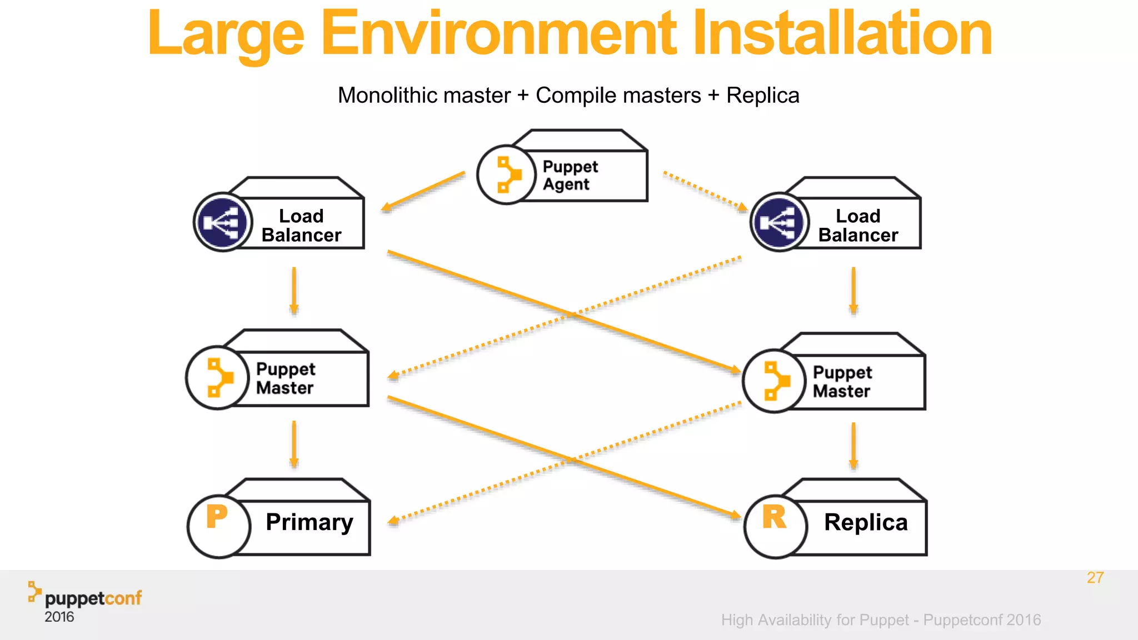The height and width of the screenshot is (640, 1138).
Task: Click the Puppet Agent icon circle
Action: point(506,175)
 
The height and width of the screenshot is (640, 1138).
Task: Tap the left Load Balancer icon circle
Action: point(223,222)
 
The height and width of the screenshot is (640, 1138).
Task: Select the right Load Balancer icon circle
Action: point(780,222)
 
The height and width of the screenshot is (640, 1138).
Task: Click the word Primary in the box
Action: point(309,522)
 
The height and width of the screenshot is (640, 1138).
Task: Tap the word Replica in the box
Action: point(866,522)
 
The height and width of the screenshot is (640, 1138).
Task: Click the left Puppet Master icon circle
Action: point(217,378)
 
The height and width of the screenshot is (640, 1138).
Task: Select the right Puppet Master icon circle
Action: point(774,381)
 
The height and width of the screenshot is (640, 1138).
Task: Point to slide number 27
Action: point(1095,578)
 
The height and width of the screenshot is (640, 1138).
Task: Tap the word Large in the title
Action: point(225,34)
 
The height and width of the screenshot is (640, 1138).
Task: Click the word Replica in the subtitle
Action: point(762,96)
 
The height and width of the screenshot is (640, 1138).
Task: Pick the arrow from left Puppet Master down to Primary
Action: point(294,444)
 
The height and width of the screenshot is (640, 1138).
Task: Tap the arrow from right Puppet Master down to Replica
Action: point(853,446)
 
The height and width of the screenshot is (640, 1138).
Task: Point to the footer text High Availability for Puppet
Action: point(815,620)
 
